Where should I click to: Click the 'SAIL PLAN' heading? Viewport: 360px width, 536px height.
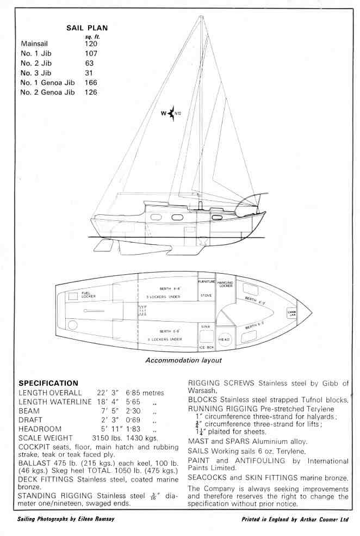coord(87,27)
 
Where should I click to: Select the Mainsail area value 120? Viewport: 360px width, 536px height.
coord(91,44)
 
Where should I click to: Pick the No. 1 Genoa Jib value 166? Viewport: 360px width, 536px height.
coord(91,83)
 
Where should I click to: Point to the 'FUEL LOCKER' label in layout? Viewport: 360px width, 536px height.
coord(89,296)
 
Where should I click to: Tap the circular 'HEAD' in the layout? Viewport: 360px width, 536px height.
coord(225,339)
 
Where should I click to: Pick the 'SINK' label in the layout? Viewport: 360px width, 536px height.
coord(206,326)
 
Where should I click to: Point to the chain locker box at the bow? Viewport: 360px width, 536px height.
coord(291,313)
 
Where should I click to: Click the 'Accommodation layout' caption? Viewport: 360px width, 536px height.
coord(183,360)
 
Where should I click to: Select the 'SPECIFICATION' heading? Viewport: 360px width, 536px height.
coord(48,383)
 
